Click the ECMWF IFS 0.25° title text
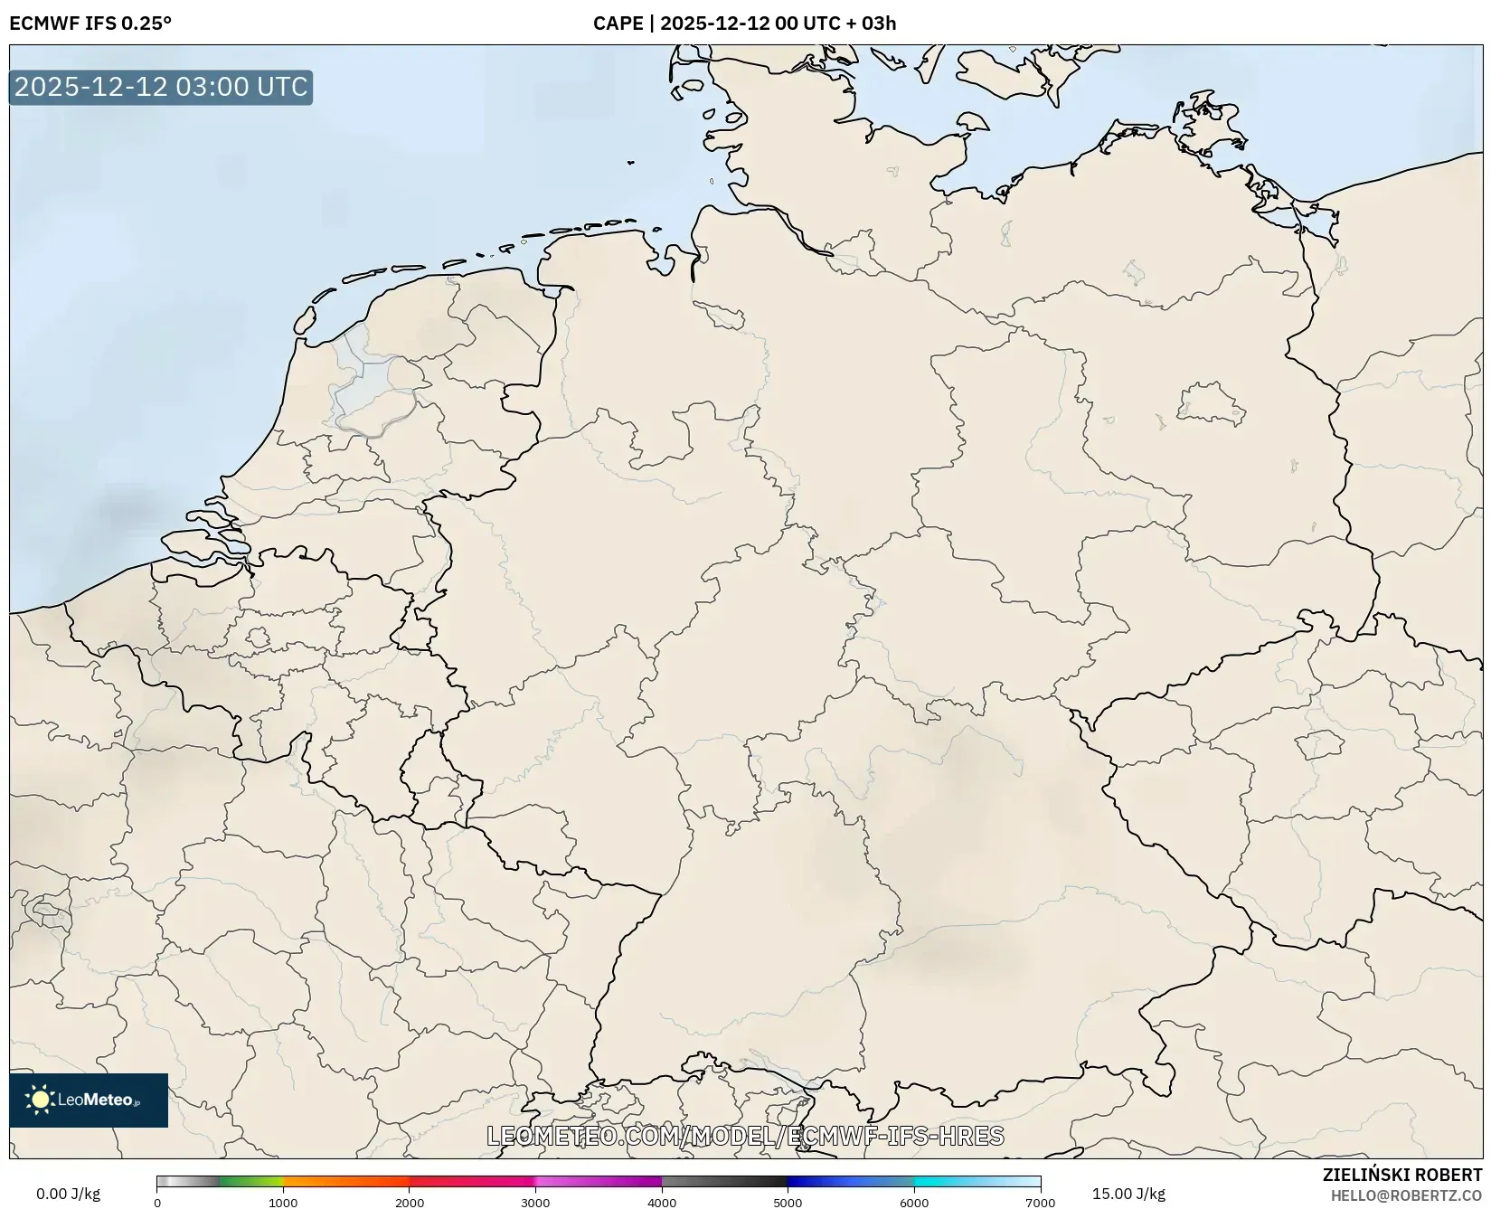tap(90, 24)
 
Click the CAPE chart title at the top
tap(744, 24)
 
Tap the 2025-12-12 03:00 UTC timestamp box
tap(161, 87)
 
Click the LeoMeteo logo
tap(89, 1100)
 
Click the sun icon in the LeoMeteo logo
tap(41, 1100)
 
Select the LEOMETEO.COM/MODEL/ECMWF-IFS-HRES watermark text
tap(745, 1136)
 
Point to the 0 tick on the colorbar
tap(157, 1202)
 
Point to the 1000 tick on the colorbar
tap(283, 1202)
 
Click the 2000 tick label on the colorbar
tap(410, 1202)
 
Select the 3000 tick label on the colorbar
tap(535, 1202)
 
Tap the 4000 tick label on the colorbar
tap(662, 1202)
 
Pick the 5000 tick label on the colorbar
tap(788, 1202)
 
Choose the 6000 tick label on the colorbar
tap(914, 1202)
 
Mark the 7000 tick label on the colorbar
tap(1040, 1202)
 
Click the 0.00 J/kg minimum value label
tap(68, 1194)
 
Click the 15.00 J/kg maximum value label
tap(1128, 1194)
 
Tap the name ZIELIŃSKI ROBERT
tap(1402, 1176)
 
